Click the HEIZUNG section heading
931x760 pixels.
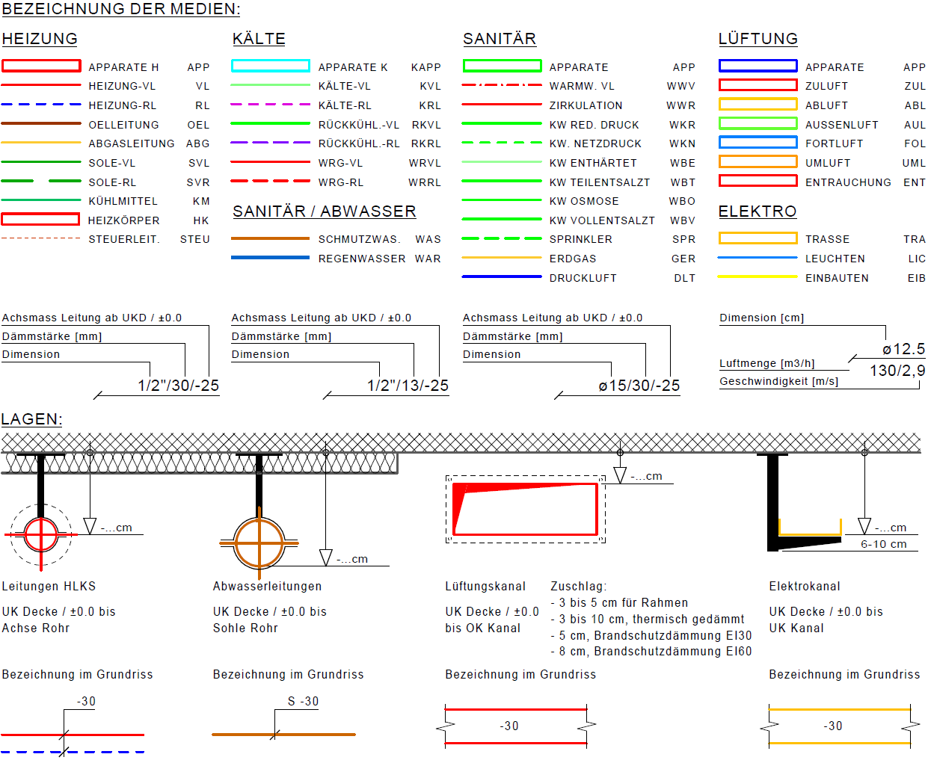click(x=40, y=39)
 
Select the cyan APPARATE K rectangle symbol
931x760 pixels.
click(x=270, y=67)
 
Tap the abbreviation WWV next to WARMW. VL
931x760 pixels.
click(x=680, y=86)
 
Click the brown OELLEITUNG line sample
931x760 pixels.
click(x=41, y=123)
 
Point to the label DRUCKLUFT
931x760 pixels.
click(x=583, y=278)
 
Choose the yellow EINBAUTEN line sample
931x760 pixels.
click(x=758, y=276)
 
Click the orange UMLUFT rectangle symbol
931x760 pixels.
click(x=758, y=162)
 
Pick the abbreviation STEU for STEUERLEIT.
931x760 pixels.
click(x=194, y=240)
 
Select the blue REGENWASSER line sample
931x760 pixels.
click(x=270, y=258)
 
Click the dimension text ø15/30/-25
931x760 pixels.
click(x=639, y=386)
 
